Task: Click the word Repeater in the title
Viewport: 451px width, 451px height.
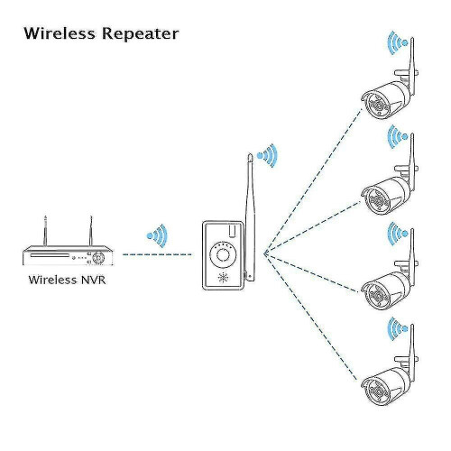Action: tap(137, 35)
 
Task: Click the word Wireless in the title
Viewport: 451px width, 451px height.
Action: tap(59, 34)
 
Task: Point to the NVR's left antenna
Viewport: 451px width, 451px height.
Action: tap(42, 228)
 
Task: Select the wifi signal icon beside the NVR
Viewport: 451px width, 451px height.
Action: tap(158, 237)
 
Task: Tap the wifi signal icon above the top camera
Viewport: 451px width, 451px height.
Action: tap(394, 42)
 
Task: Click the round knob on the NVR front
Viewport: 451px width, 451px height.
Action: tap(100, 256)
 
